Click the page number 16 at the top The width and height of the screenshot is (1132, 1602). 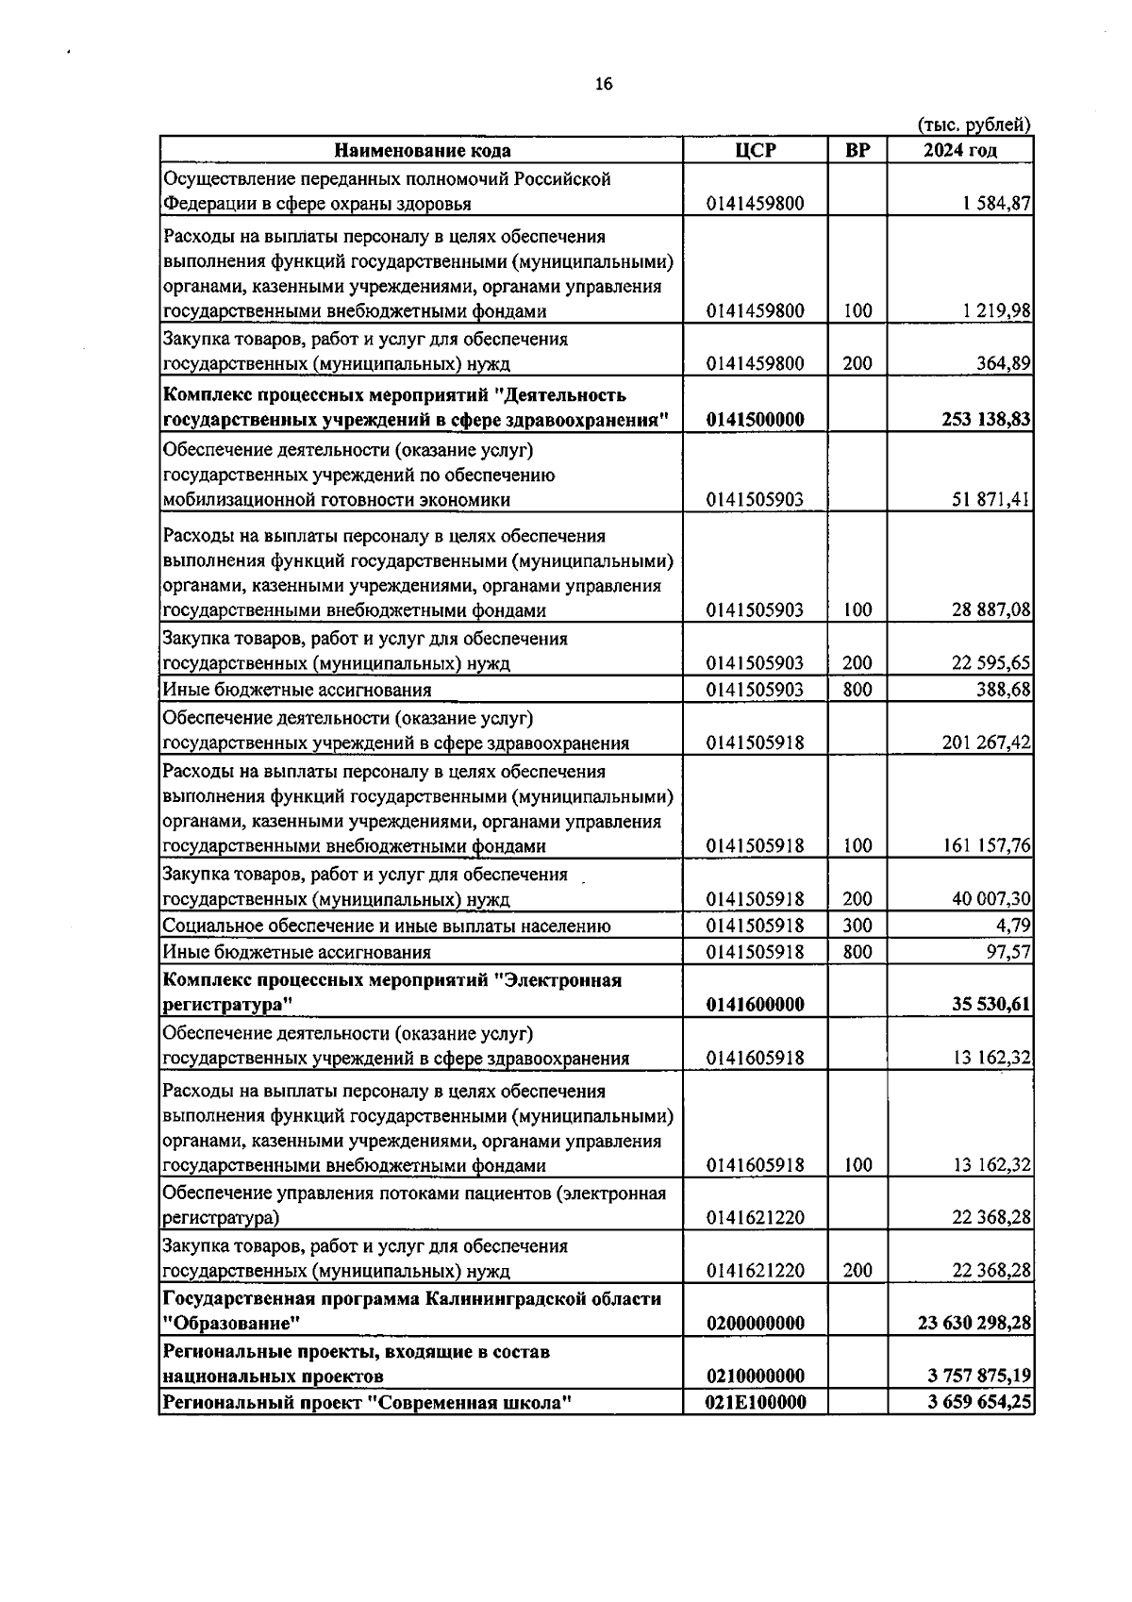(604, 84)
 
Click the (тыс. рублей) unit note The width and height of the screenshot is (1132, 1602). (974, 125)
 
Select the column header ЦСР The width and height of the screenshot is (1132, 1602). (756, 150)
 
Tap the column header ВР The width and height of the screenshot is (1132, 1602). (857, 150)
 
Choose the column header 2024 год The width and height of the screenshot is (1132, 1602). (959, 150)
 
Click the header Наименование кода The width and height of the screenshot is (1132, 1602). (422, 150)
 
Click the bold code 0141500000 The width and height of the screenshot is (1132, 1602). (756, 420)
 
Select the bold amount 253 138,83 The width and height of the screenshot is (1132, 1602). (986, 420)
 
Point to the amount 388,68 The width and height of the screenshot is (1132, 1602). (1004, 690)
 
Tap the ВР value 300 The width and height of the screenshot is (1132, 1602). (857, 926)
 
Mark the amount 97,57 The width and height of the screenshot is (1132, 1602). (1008, 952)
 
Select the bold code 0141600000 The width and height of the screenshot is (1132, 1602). (756, 1005)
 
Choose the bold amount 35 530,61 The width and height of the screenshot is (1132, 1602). (990, 1005)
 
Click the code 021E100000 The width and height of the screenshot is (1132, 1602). (756, 1403)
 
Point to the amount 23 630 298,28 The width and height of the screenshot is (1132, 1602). (974, 1323)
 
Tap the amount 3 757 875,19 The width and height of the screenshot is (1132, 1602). (979, 1377)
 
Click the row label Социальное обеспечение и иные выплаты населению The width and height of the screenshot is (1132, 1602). (387, 926)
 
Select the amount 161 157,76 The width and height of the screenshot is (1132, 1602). (987, 845)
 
